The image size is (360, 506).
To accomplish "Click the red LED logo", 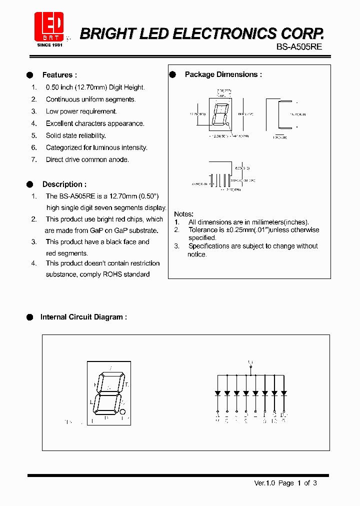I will tap(48, 26).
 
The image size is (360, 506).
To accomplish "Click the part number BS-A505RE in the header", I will tap(299, 45).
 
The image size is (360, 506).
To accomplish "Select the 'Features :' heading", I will tap(59, 75).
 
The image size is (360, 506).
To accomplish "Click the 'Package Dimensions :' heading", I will tap(223, 74).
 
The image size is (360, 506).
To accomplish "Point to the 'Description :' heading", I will tap(64, 184).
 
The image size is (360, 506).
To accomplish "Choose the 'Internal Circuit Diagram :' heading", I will tap(83, 317).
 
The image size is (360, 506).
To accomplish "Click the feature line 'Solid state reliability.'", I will tap(75, 135).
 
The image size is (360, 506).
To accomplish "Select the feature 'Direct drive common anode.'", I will tap(87, 159).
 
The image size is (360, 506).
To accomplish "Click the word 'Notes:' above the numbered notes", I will tap(183, 214).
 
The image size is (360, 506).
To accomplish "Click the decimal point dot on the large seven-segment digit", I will tap(122, 412).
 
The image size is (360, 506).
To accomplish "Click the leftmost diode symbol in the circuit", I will tap(217, 393).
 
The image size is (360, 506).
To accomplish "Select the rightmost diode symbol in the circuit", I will tap(283, 393).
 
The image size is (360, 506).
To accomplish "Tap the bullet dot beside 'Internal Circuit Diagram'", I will tap(29, 317).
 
